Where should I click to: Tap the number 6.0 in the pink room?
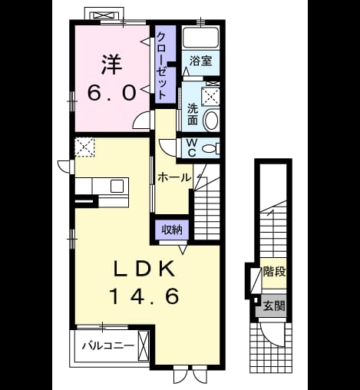tap(111, 93)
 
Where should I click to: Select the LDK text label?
tap(144, 268)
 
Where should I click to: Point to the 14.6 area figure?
tap(144, 296)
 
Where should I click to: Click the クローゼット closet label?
tap(162, 66)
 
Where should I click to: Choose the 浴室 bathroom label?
tap(201, 61)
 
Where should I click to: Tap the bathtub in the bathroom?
tap(201, 38)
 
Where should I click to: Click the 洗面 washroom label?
tap(193, 114)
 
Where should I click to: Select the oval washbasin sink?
tap(211, 120)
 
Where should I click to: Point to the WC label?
tap(192, 148)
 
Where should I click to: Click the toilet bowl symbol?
tap(210, 148)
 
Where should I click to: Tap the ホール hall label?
tap(174, 177)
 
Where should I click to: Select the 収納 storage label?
tap(172, 230)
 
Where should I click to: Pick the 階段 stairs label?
tap(274, 272)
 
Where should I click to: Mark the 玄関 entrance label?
tap(274, 306)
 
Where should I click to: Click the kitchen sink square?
tap(117, 186)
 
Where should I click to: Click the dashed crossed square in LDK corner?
tap(84, 147)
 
